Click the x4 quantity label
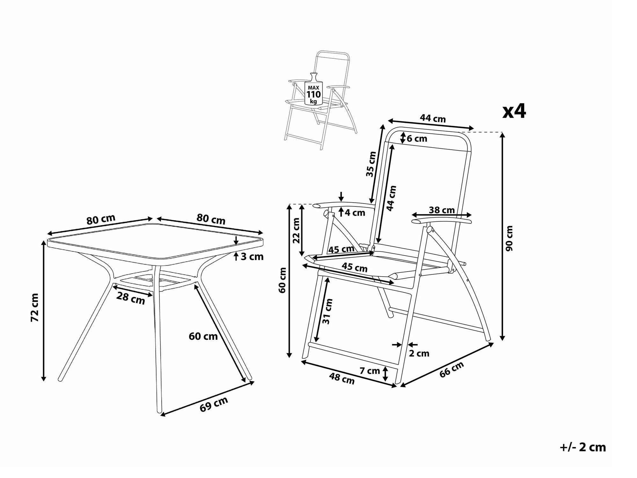click(514, 111)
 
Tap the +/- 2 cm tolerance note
click(582, 447)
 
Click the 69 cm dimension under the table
click(214, 404)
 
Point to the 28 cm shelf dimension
click(130, 298)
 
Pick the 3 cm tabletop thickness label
click(252, 257)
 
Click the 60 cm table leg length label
click(203, 336)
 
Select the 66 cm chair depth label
click(451, 370)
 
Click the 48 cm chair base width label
click(342, 379)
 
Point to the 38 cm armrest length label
click(442, 210)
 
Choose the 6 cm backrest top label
click(416, 138)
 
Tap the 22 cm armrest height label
click(296, 230)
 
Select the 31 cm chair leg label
click(327, 311)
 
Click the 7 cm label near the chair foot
click(370, 371)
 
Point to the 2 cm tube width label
click(419, 353)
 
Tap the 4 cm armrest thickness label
click(354, 213)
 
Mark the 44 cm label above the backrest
click(433, 118)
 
